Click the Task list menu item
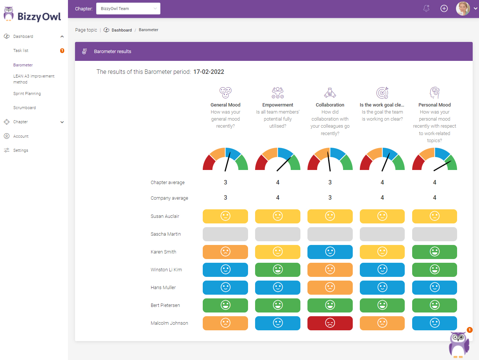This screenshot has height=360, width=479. (21, 50)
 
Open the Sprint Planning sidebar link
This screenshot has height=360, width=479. (27, 94)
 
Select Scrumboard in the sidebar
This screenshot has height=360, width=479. (25, 108)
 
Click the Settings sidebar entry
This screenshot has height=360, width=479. (21, 150)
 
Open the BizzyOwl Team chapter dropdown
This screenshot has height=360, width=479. (128, 9)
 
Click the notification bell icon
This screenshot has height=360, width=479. (426, 9)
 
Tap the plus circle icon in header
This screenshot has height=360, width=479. (444, 9)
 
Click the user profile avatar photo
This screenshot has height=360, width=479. (463, 9)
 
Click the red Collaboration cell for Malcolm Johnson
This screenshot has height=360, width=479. (330, 323)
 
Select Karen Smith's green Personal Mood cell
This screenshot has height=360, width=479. (434, 252)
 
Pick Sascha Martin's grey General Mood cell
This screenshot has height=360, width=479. (225, 234)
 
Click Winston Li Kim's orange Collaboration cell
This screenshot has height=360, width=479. (330, 270)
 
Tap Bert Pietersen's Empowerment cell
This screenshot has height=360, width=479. (277, 305)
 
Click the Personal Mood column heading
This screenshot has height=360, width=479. (434, 105)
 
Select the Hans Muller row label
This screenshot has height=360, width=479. (163, 288)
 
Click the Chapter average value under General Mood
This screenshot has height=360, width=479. (225, 183)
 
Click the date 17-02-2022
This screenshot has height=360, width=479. (209, 72)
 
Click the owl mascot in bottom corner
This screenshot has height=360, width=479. (459, 344)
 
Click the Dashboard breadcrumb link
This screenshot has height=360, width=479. (121, 30)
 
